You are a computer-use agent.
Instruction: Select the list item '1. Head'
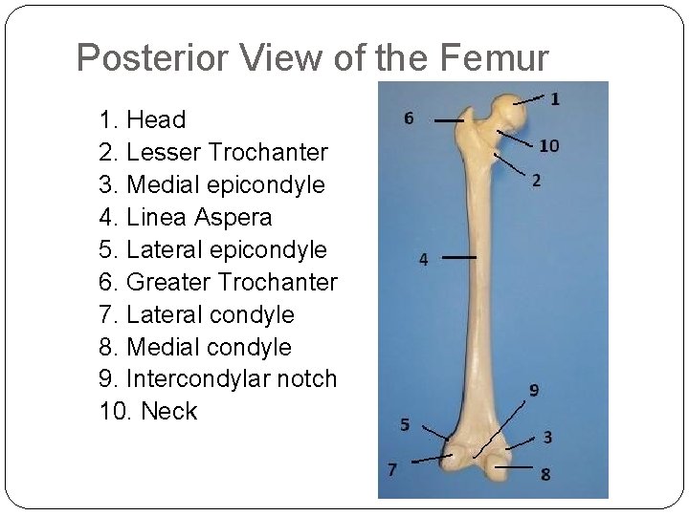click(x=143, y=119)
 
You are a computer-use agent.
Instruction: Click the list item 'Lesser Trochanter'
click(x=213, y=152)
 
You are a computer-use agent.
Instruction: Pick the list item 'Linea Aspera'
click(x=186, y=217)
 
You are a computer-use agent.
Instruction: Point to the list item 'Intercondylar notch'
click(x=218, y=378)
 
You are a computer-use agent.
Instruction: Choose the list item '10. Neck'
click(x=148, y=411)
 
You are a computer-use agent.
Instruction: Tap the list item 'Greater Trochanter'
click(x=218, y=282)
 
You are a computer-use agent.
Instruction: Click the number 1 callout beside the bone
click(x=555, y=97)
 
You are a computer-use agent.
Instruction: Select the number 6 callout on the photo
click(x=409, y=118)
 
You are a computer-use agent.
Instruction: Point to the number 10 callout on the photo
click(x=548, y=145)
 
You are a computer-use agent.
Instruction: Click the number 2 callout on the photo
click(x=536, y=180)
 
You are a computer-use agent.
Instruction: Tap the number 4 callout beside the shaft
click(x=423, y=259)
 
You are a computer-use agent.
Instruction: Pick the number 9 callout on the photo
click(x=534, y=390)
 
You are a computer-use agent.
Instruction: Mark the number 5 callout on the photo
click(x=405, y=424)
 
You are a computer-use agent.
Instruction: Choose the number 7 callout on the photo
click(x=392, y=468)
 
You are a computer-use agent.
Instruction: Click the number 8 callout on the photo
click(x=545, y=474)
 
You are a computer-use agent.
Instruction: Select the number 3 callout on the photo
click(x=546, y=438)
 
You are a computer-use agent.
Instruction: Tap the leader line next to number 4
click(x=459, y=258)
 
